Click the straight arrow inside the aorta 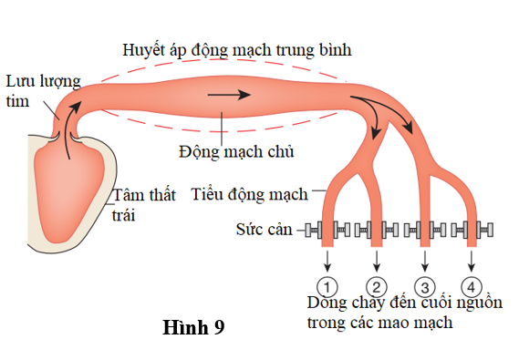pos(228,94)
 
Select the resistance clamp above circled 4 pos(471,230)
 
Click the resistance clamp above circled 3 pos(422,230)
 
